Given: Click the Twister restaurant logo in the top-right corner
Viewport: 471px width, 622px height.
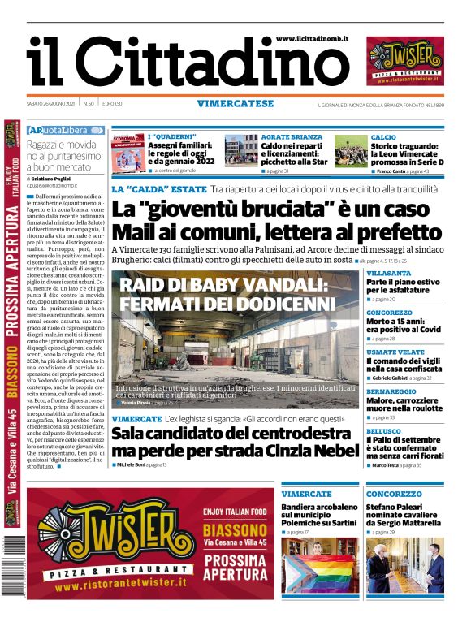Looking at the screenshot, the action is [x=405, y=62].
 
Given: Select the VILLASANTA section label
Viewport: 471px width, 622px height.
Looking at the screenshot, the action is [x=388, y=274].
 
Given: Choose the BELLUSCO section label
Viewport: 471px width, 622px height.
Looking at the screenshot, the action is [x=383, y=430].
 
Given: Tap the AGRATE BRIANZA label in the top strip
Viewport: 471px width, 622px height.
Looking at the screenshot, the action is [x=292, y=137].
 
